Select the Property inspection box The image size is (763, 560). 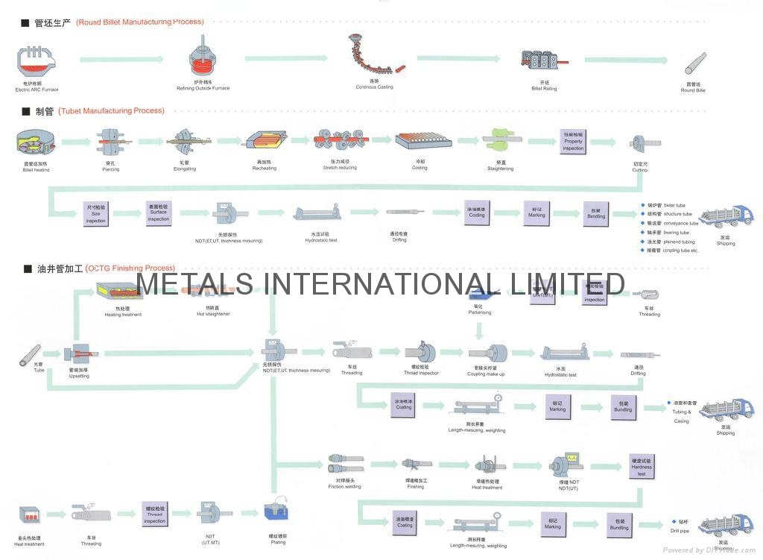(x=573, y=141)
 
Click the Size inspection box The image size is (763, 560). (x=96, y=214)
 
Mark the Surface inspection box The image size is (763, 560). (x=159, y=213)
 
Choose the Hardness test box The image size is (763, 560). (x=642, y=466)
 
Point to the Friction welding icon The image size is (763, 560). (x=344, y=465)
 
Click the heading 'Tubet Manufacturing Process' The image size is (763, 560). (x=111, y=111)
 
